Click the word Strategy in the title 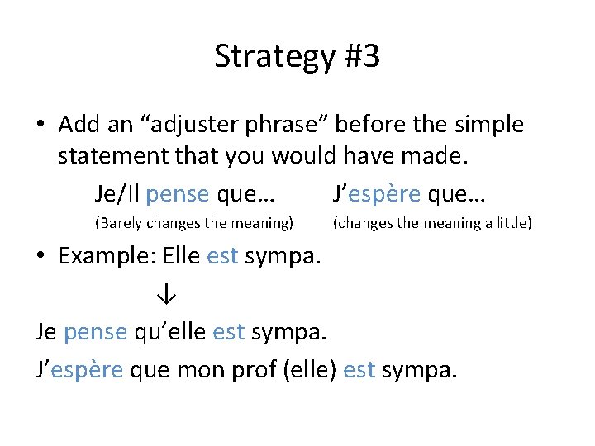pos(269,57)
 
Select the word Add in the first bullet pos(79,125)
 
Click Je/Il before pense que pos(117,194)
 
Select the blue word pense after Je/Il pos(177,194)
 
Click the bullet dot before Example pos(41,258)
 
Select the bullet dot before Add pos(41,126)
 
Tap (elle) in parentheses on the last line pos(309,371)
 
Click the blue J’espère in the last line pos(79,371)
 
